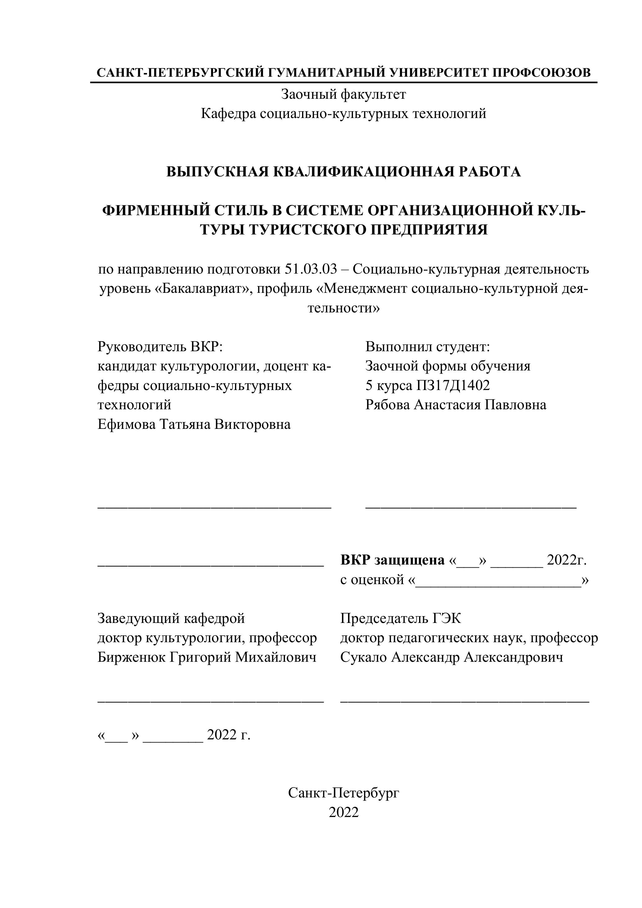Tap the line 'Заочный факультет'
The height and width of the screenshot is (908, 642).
343,94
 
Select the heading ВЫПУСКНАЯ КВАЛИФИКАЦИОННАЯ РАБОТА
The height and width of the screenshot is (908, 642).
343,172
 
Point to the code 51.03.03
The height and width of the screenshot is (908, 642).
311,269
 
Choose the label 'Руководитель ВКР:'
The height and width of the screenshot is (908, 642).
160,347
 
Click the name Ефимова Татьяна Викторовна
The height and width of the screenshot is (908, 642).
194,424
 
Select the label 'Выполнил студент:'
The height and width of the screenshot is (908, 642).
427,347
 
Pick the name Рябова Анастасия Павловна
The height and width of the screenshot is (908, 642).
455,405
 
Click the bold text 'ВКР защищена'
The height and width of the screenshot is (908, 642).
392,560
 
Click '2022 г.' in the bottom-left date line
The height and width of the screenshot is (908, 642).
228,734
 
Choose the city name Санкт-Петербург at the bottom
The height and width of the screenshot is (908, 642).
343,792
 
